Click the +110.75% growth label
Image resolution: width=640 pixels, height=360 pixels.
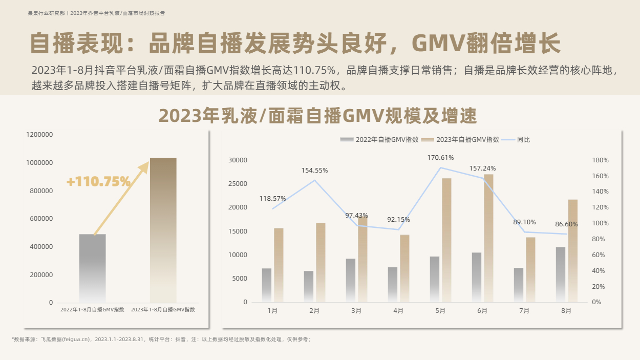98,182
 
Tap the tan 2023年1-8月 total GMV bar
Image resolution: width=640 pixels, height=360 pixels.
163,230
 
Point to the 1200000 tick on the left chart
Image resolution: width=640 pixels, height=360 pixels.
39,135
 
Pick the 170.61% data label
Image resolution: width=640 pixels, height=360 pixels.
440,158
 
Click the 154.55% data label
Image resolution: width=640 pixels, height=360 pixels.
314,170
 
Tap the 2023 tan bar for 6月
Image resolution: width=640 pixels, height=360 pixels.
488,238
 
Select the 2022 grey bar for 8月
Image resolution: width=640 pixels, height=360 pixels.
561,274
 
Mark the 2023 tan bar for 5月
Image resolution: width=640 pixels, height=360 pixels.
446,240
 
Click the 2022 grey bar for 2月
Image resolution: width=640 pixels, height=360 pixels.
309,286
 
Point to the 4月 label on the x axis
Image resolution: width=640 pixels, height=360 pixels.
398,311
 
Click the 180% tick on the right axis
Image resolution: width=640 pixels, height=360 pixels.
600,160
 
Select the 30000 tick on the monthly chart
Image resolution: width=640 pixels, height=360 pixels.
238,160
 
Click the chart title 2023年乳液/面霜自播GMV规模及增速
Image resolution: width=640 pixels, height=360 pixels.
317,116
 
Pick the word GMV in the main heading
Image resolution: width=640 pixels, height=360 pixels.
438,43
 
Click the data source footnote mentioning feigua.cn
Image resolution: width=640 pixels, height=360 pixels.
161,339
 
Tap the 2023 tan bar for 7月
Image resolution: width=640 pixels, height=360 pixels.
530,269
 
